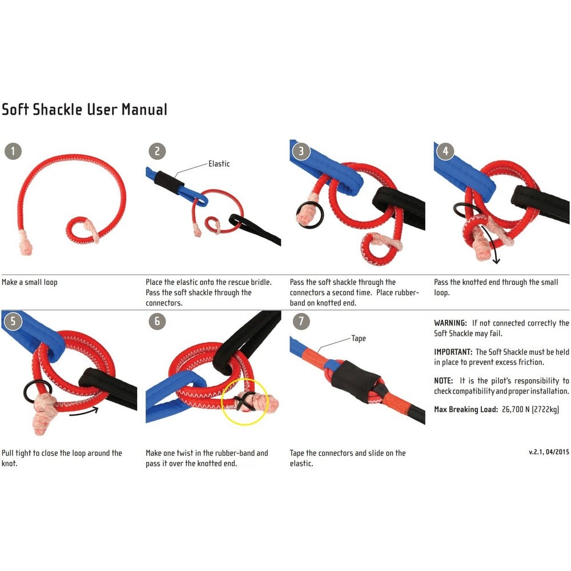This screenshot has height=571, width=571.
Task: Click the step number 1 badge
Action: [x=13, y=151]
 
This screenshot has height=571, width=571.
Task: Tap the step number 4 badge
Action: [x=445, y=151]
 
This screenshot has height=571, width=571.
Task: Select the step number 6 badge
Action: [x=158, y=321]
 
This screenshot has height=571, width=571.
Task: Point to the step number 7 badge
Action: [x=301, y=321]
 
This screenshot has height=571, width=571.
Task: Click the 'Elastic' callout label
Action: [x=219, y=164]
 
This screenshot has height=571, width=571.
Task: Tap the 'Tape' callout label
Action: [x=359, y=339]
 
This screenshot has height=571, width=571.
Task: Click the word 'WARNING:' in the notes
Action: [x=450, y=323]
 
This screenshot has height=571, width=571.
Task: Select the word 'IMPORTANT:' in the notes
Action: [x=453, y=352]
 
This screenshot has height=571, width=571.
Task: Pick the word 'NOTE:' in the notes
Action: [x=443, y=380]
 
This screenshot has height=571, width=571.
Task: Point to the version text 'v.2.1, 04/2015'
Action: [x=549, y=452]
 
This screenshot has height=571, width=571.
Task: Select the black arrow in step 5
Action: [x=84, y=412]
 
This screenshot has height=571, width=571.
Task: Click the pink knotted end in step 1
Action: [x=26, y=243]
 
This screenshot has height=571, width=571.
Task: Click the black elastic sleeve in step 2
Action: [x=169, y=179]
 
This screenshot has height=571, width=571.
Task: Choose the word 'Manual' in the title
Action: [x=144, y=110]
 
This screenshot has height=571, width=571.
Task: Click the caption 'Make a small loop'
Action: [x=30, y=282]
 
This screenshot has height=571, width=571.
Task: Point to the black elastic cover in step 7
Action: [x=356, y=381]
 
